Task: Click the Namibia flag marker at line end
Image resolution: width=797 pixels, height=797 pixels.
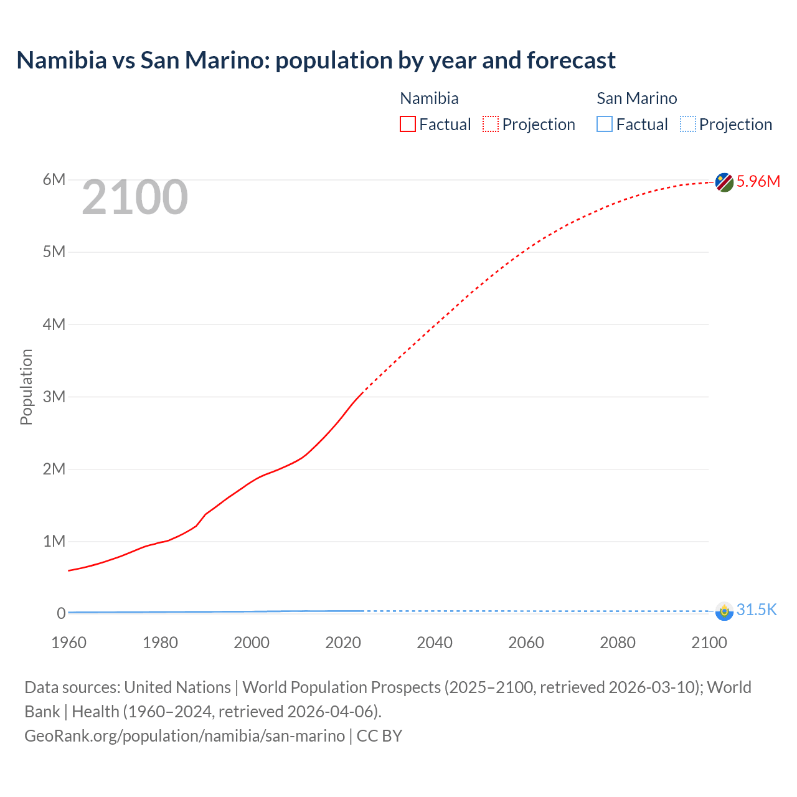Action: point(724,182)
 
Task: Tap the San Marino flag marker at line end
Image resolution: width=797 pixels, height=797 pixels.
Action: point(724,611)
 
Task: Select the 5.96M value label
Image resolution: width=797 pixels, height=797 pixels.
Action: point(758,181)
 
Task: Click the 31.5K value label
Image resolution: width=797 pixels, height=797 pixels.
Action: point(757,610)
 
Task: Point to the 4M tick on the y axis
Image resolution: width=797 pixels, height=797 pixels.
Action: point(54,324)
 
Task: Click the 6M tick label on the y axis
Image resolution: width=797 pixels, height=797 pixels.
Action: point(54,180)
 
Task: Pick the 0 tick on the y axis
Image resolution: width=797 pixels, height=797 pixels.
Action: point(61,613)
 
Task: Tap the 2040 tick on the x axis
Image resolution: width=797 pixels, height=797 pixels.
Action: point(435,643)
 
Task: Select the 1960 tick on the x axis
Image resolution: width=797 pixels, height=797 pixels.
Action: point(69,643)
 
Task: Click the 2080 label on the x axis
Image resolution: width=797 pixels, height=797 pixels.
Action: point(618,643)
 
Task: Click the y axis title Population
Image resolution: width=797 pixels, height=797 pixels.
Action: point(26,387)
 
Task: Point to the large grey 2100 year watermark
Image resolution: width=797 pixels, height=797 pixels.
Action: point(134,197)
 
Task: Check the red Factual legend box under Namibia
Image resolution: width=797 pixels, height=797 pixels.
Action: point(408,124)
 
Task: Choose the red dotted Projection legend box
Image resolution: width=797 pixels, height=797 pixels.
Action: point(491,124)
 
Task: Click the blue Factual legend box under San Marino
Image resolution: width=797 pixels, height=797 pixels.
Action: point(605,124)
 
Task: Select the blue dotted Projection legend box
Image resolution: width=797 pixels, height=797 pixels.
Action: point(687,124)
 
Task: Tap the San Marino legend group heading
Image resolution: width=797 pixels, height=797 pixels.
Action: point(636,98)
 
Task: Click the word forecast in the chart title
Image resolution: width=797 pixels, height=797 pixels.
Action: point(571,60)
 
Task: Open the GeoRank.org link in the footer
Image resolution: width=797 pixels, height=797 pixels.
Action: point(184,735)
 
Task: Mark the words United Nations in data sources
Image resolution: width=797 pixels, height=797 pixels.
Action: point(177,687)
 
